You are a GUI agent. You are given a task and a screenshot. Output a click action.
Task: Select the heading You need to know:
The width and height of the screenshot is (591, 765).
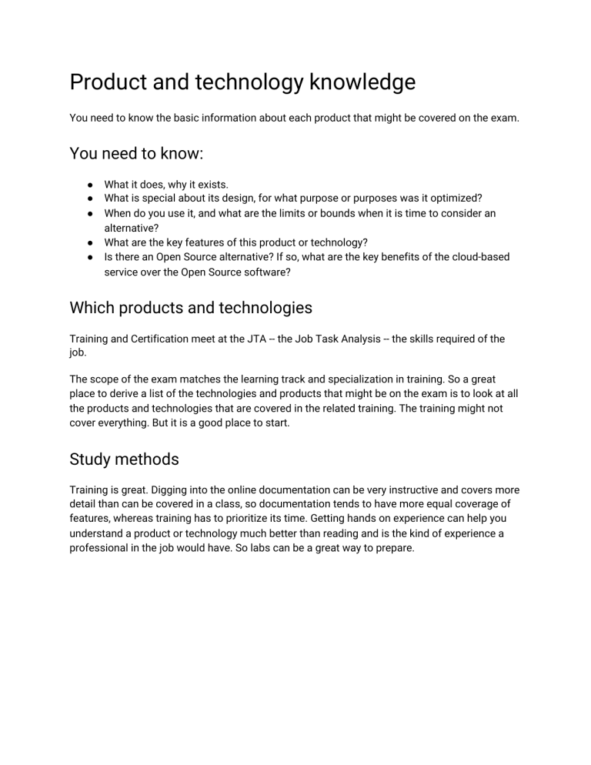pyautogui.click(x=136, y=153)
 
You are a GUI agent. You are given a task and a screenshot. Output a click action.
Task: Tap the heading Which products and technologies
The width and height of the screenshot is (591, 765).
pyautogui.click(x=191, y=308)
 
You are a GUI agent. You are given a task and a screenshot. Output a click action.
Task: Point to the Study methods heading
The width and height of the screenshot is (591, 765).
pyautogui.click(x=124, y=459)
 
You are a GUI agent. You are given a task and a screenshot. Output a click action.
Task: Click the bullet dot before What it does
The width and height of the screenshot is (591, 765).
pyautogui.click(x=91, y=185)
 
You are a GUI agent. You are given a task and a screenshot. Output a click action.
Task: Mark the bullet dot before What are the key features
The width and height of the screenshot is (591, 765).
pyautogui.click(x=91, y=242)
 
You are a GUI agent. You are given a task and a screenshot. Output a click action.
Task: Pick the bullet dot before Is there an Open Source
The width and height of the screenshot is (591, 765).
pyautogui.click(x=91, y=257)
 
